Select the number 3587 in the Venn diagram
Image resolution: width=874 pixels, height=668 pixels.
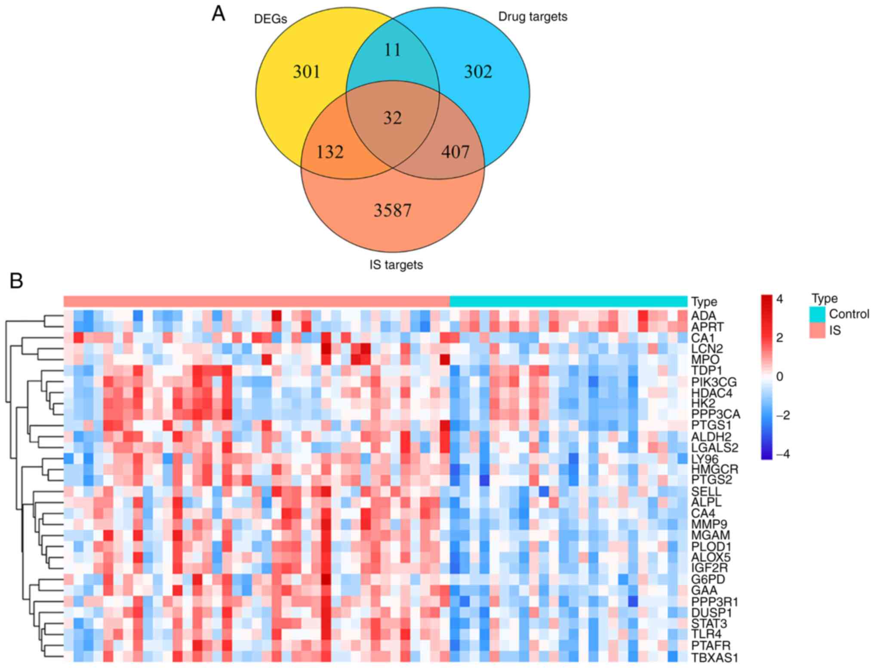(x=392, y=210)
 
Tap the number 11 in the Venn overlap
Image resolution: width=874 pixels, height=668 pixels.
(x=392, y=50)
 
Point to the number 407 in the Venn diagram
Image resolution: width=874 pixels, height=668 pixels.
(x=455, y=151)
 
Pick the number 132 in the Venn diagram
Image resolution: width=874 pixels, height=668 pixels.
(x=330, y=152)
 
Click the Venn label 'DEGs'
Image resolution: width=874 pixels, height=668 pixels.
(x=270, y=19)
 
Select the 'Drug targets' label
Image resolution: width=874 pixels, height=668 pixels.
(x=532, y=17)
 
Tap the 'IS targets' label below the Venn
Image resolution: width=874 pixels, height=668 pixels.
(x=396, y=265)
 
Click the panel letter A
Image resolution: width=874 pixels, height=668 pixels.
(x=218, y=15)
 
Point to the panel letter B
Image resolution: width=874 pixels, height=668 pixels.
(x=16, y=281)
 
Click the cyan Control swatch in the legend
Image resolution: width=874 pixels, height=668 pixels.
(x=817, y=314)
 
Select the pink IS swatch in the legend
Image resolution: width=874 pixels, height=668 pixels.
(x=817, y=330)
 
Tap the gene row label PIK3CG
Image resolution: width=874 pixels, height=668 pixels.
(x=714, y=382)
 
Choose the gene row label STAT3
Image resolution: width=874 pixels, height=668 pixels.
(x=709, y=623)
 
